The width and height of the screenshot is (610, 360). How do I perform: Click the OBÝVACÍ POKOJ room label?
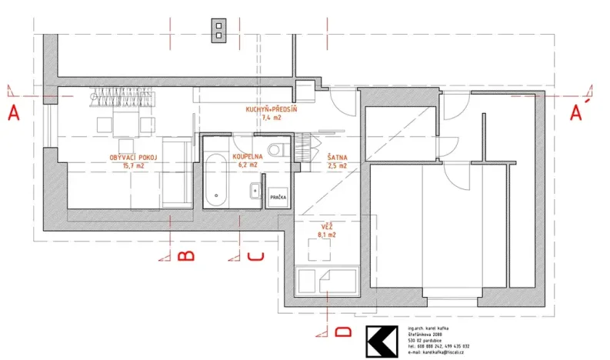(x=133, y=157)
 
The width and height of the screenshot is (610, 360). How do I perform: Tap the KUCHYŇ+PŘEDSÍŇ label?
(x=271, y=111)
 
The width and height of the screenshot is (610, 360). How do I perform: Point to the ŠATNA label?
(x=337, y=156)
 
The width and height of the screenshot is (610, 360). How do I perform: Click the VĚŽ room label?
(x=327, y=227)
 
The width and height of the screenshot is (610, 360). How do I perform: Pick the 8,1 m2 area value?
(x=327, y=235)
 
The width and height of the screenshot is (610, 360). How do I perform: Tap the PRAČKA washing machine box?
(x=277, y=198)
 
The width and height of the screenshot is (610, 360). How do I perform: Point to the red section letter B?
(x=185, y=256)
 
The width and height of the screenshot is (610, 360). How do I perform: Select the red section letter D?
(x=343, y=332)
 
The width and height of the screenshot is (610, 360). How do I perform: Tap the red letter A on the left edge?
(x=13, y=114)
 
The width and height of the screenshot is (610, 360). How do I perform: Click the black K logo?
(x=383, y=342)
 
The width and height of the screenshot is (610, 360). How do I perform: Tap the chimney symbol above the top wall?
(x=220, y=29)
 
